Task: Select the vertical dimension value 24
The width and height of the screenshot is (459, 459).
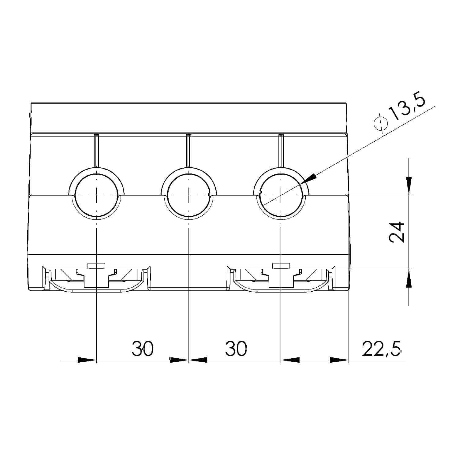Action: [x=397, y=232]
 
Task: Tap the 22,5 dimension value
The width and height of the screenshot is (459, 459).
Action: [x=381, y=349]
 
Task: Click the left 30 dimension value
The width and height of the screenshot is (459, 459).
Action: [x=142, y=349]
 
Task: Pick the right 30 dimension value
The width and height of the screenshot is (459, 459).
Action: [x=236, y=349]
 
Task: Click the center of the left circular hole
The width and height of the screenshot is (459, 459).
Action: [x=96, y=195]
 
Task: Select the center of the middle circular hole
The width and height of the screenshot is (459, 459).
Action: [x=189, y=195]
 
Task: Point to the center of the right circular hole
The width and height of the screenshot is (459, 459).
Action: [x=281, y=195]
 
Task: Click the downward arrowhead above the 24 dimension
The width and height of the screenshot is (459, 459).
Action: [x=409, y=185]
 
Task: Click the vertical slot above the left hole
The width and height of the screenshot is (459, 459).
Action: [x=96, y=150]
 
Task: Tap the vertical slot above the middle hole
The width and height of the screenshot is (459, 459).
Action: [x=189, y=150]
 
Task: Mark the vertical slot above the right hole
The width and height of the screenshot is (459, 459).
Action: [x=281, y=150]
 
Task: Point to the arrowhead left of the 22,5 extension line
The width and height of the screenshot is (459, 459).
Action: [x=339, y=360]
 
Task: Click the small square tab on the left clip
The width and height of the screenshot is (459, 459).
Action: [x=96, y=265]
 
